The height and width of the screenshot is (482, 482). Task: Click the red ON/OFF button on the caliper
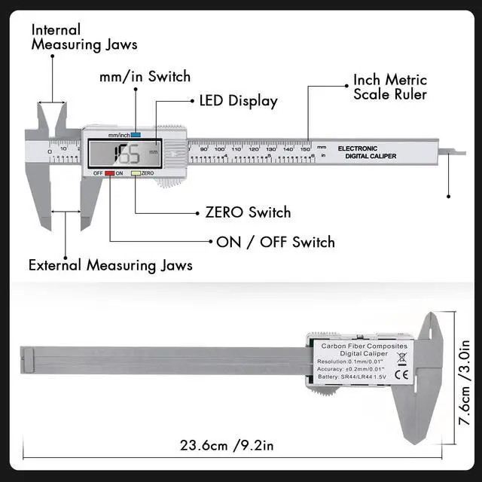[109, 173]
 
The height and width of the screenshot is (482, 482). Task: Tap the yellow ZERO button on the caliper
[136, 173]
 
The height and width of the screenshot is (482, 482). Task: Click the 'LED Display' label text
[238, 101]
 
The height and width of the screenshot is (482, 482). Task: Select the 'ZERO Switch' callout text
[248, 212]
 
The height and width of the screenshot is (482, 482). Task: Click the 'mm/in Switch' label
[145, 77]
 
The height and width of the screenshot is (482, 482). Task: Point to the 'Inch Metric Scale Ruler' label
[390, 87]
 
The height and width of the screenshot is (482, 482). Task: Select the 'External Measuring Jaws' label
[110, 265]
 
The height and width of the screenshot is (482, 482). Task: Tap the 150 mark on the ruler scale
[306, 149]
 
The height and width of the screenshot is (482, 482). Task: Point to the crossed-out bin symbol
[401, 358]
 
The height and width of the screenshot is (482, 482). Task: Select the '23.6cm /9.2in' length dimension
[227, 445]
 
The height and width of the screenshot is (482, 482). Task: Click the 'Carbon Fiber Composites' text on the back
[364, 345]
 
